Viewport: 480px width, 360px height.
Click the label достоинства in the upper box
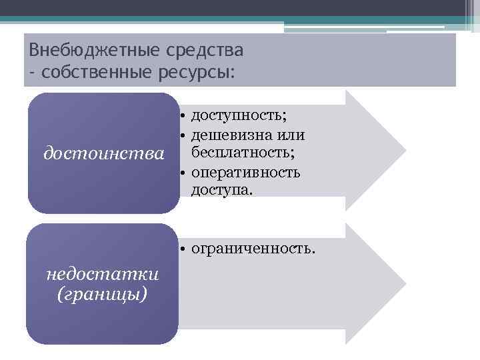click(103, 154)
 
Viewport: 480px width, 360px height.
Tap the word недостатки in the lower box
click(103, 275)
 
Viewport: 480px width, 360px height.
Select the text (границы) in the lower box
click(103, 293)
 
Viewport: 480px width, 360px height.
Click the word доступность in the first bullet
click(238, 116)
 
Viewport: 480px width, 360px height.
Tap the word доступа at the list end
click(221, 191)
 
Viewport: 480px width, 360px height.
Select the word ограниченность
click(251, 249)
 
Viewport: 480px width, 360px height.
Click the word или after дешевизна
click(293, 135)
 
